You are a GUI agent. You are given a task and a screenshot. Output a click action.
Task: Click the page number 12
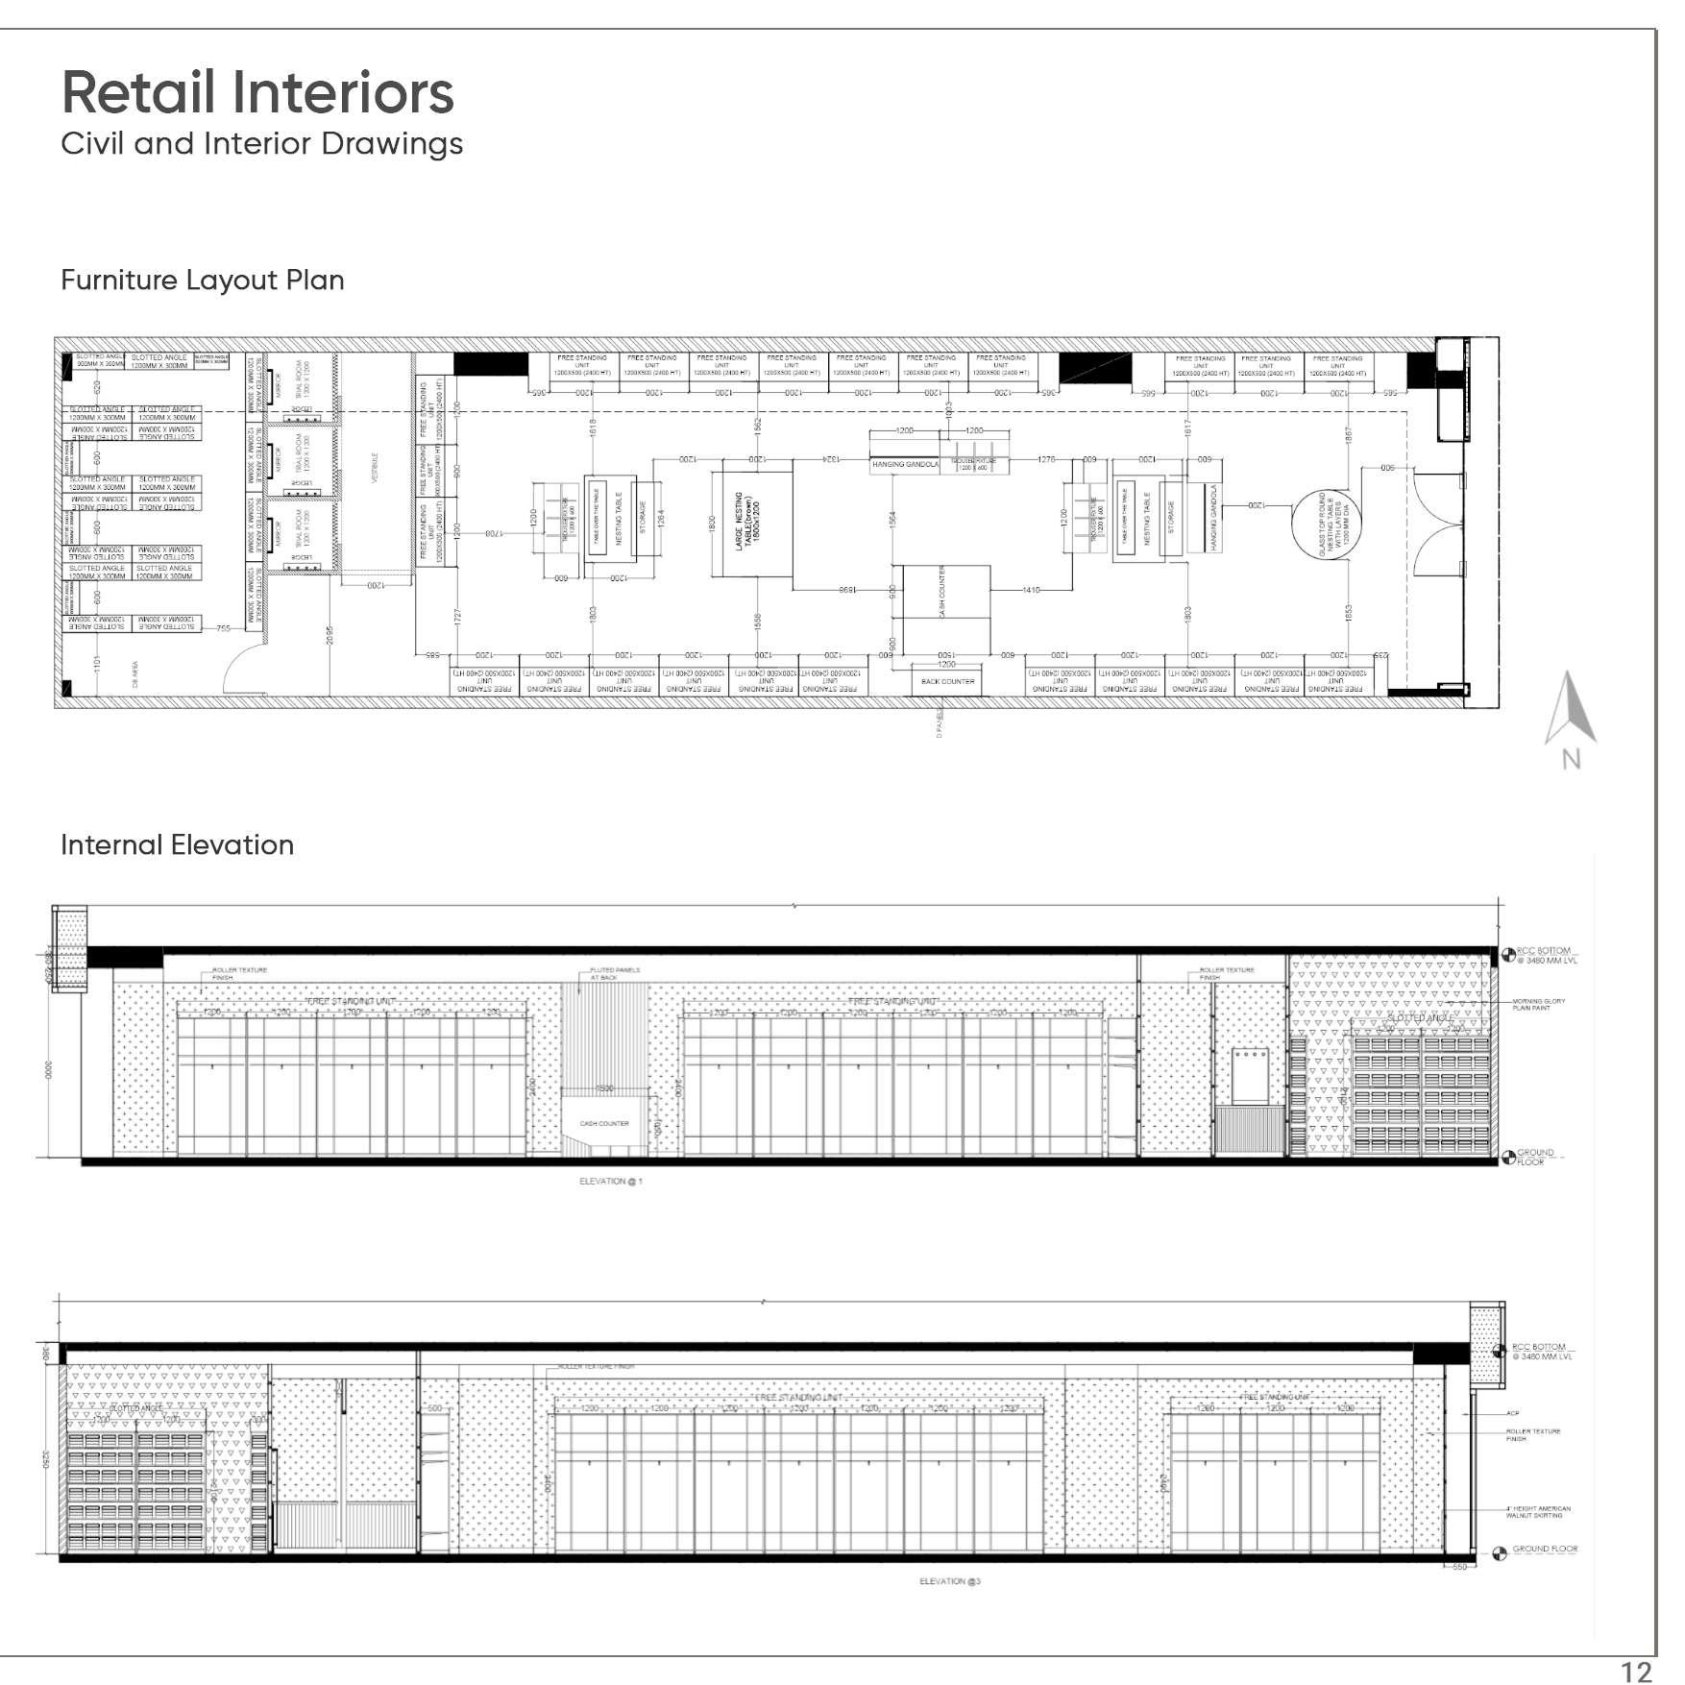coord(1637,1672)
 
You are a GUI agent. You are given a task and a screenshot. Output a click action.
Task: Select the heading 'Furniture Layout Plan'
coord(203,281)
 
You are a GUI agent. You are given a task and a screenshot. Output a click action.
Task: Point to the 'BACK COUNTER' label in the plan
coord(947,681)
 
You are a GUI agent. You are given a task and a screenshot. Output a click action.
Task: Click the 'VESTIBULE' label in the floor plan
coord(375,468)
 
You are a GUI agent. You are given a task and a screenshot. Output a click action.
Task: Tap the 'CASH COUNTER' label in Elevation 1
coord(604,1123)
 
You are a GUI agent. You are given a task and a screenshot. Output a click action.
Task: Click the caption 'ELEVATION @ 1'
coord(610,1181)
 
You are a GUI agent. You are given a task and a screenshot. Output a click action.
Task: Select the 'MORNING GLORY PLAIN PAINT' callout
coord(1539,1005)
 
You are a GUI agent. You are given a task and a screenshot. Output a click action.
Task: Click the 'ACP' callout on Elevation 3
coord(1513,1413)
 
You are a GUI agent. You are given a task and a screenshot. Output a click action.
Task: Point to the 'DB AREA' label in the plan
coord(135,667)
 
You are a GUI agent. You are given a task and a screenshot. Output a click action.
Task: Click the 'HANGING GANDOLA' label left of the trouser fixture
coord(904,464)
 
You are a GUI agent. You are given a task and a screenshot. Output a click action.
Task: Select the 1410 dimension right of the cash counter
coord(1031,590)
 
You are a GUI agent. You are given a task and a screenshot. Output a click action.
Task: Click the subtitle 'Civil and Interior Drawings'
coord(261,144)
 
